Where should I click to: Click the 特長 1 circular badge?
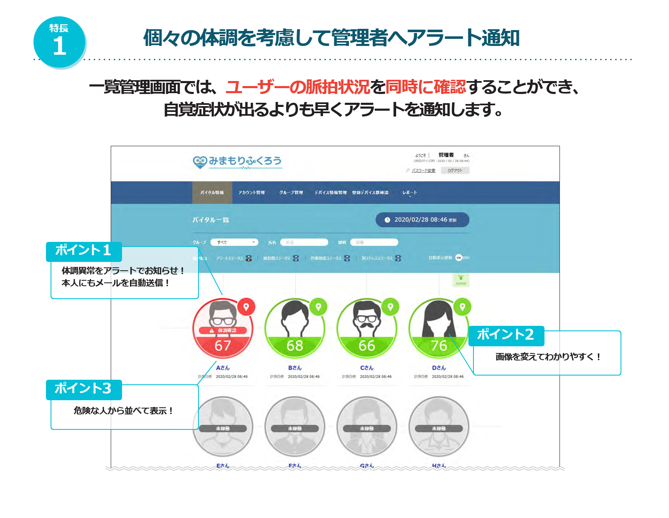pyautogui.click(x=59, y=42)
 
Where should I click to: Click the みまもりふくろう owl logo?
pyautogui.click(x=237, y=162)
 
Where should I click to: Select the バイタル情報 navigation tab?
pyautogui.click(x=212, y=193)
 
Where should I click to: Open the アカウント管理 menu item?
pyautogui.click(x=252, y=193)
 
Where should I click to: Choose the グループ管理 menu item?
pyautogui.click(x=291, y=193)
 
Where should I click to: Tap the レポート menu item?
pyautogui.click(x=410, y=193)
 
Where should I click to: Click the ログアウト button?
pyautogui.click(x=455, y=170)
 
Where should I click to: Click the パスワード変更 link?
pyautogui.click(x=423, y=170)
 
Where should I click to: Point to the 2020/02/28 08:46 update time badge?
pyautogui.click(x=422, y=220)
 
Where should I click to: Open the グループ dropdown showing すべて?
pyautogui.click(x=234, y=242)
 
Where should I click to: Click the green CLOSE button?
pyautogui.click(x=461, y=280)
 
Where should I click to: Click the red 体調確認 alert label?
pyautogui.click(x=223, y=330)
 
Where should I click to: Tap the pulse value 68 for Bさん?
pyautogui.click(x=295, y=346)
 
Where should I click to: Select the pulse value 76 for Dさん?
pyautogui.click(x=439, y=346)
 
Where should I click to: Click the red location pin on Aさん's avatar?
pyautogui.click(x=246, y=307)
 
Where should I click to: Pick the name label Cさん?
pyautogui.click(x=366, y=368)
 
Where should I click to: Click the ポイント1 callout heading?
pyautogui.click(x=84, y=251)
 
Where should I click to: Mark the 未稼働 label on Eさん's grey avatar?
pyautogui.click(x=223, y=429)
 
